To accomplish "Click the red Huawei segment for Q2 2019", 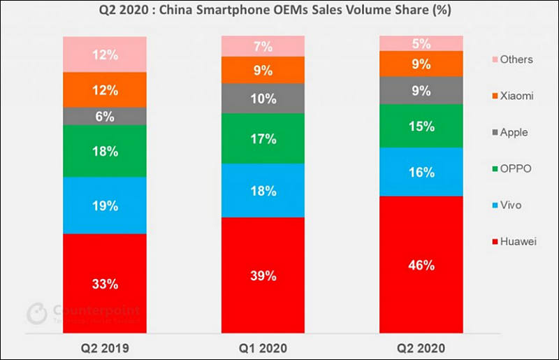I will (x=105, y=283).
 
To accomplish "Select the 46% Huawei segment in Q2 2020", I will (x=421, y=264).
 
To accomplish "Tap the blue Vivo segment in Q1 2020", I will (x=263, y=190).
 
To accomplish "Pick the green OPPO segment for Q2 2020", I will (x=421, y=126).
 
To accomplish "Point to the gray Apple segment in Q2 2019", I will (x=105, y=117).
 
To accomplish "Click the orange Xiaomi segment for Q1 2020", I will (x=263, y=70).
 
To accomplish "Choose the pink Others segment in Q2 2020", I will (x=421, y=43).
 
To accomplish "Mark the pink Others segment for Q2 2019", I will (x=105, y=54).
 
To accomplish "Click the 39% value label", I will (x=263, y=275).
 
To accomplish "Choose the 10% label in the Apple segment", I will (x=263, y=99).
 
